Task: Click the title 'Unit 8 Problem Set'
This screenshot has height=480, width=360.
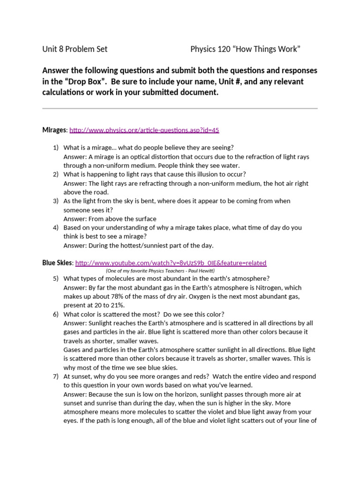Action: pos(75,49)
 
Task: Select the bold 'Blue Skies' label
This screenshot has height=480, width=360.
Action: pos(57,263)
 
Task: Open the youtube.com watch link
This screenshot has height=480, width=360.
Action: pos(171,263)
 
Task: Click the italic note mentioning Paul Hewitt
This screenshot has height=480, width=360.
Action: pos(160,271)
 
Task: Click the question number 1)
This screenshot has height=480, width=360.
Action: pos(56,148)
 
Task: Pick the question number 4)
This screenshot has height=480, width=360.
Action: pos(56,227)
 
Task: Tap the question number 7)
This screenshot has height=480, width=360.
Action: pos(56,376)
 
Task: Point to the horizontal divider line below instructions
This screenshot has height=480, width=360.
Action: pos(180,108)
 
